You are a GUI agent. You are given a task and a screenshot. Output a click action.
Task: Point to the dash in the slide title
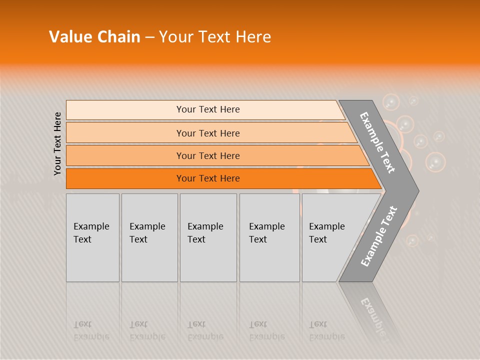[149, 37]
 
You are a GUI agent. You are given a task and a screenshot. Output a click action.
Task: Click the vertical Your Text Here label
[57, 143]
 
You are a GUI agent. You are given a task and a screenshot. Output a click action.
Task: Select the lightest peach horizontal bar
[207, 109]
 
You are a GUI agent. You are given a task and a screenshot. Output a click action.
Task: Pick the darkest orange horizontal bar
[207, 178]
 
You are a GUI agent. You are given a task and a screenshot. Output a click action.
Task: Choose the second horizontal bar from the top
[207, 133]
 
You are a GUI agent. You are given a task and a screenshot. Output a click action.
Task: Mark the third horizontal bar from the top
[207, 155]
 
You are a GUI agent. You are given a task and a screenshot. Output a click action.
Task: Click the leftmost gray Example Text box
[92, 237]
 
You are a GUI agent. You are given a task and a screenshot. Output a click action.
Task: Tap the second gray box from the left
[149, 237]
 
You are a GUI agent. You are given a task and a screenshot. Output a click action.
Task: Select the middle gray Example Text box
[208, 237]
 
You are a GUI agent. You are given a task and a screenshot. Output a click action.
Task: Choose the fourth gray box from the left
[269, 237]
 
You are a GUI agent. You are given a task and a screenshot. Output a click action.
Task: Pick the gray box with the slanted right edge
[330, 237]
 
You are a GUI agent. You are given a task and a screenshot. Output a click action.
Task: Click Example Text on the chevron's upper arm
[377, 142]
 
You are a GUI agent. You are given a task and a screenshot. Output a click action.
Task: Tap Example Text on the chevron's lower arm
[378, 236]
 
